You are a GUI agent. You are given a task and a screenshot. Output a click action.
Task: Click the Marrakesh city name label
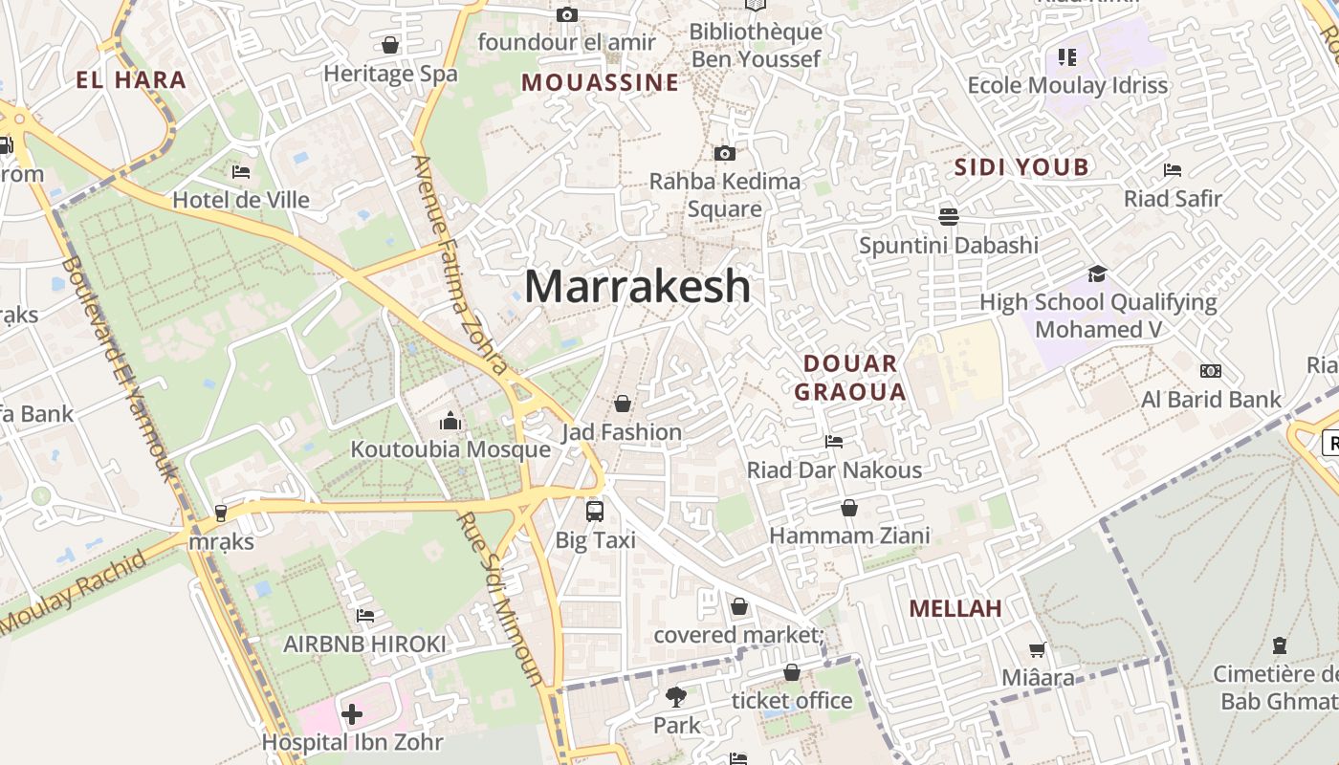tap(637, 286)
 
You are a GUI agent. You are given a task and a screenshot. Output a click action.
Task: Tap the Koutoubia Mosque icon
tap(450, 421)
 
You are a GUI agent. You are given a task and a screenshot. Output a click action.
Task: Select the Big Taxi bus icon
tap(595, 511)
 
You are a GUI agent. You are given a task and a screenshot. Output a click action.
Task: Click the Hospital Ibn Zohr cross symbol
tap(352, 714)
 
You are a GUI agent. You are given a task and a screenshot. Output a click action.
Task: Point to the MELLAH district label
tap(955, 608)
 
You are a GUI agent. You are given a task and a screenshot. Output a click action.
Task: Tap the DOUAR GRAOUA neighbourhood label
tap(849, 377)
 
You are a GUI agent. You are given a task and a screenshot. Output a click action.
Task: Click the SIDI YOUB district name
tap(1021, 167)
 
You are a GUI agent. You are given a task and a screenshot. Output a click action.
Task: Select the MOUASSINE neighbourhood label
tap(600, 83)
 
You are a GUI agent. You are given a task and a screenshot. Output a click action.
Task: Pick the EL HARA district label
tap(130, 79)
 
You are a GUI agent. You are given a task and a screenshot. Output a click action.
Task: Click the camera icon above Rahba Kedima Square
tap(725, 153)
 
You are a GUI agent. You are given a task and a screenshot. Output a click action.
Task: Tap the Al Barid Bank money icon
tap(1211, 371)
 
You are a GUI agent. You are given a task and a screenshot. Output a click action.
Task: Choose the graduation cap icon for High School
tap(1097, 274)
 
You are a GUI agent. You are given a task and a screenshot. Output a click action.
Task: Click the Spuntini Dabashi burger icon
tap(949, 216)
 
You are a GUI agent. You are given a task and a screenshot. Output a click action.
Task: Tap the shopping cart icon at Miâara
tap(1038, 650)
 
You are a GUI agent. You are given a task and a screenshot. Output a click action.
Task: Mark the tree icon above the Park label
tap(676, 697)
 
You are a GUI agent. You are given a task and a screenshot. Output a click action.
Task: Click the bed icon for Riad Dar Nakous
tap(834, 442)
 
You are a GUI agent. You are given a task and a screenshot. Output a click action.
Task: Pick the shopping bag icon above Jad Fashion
tap(623, 404)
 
